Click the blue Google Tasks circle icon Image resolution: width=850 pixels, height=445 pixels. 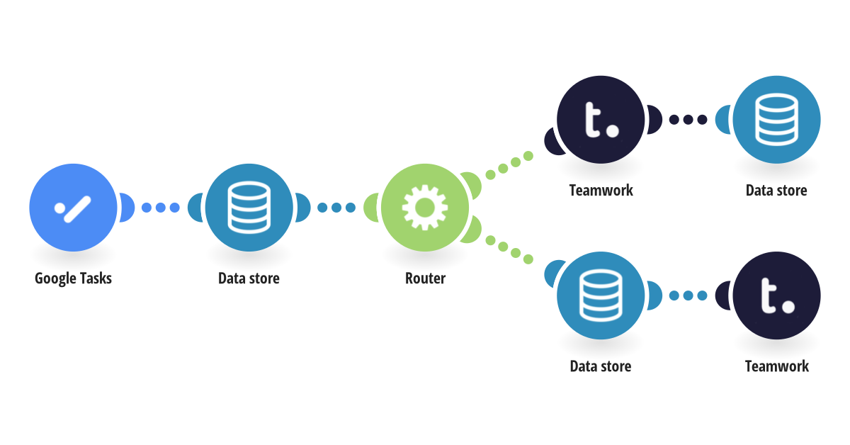tap(73, 208)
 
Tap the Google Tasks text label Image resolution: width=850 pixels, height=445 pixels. tap(73, 278)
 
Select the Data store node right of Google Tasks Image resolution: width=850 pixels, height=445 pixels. tap(249, 208)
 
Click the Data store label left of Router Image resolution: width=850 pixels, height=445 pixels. tap(249, 278)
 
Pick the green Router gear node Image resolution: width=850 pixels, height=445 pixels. tap(424, 208)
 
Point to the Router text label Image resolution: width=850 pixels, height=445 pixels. tap(425, 278)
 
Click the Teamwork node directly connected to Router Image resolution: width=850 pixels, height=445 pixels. tap(601, 120)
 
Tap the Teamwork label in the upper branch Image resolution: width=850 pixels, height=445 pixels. tap(601, 190)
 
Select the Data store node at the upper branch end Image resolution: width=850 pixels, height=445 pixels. tap(776, 120)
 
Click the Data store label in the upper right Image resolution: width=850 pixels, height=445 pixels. tap(776, 190)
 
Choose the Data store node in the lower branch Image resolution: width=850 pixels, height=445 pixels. tap(601, 295)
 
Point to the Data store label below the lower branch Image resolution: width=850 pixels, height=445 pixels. tap(601, 366)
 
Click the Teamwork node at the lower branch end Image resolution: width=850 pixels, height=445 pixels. tap(776, 295)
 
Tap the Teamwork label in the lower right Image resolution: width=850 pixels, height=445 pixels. tap(776, 366)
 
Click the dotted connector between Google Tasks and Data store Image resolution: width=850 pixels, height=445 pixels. tap(161, 208)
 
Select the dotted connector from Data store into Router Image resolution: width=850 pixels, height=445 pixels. tap(336, 208)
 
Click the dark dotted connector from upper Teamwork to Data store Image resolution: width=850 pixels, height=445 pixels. tap(688, 120)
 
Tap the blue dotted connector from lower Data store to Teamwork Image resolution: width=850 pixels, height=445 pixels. tap(688, 295)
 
